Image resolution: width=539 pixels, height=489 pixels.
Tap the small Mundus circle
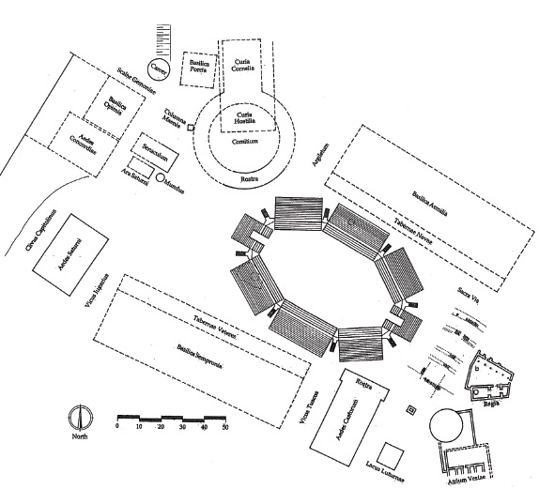coord(161,176)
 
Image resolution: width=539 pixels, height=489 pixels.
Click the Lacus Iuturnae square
coord(393,458)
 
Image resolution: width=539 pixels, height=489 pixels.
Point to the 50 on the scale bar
coord(224,427)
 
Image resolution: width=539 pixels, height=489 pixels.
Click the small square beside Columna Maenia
coord(191,127)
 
